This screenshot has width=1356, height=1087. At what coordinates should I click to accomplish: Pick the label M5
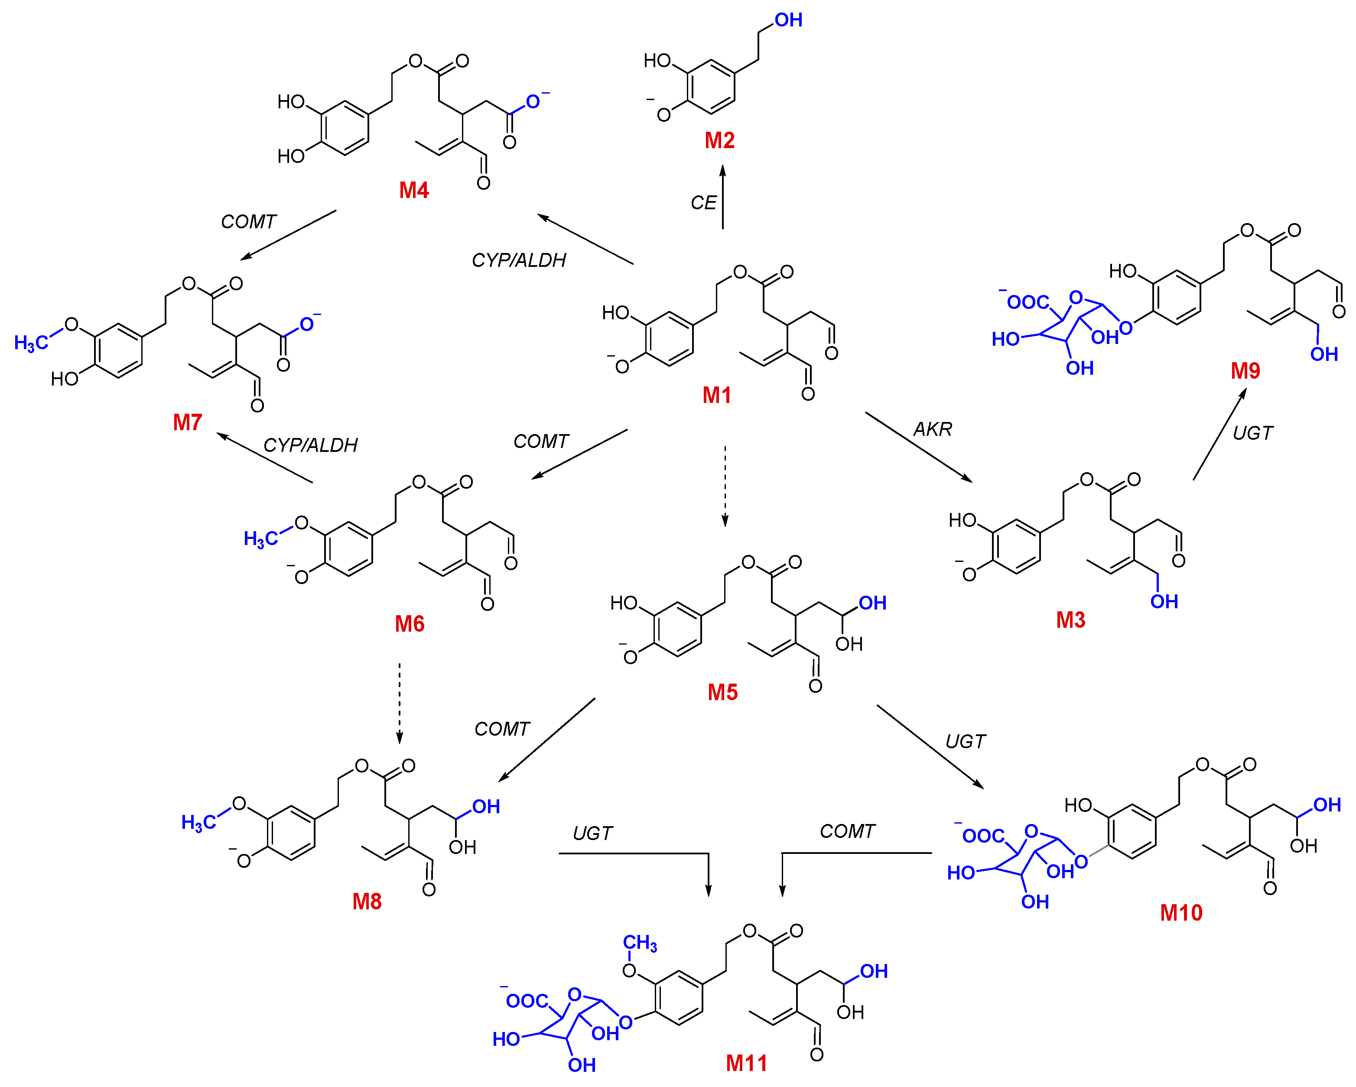[722, 692]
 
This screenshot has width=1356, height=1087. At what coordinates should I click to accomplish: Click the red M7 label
[187, 422]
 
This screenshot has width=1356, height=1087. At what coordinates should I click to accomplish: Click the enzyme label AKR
[933, 429]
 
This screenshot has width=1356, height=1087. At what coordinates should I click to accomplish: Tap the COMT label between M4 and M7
[248, 221]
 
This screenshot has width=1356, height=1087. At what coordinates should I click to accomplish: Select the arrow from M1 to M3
[918, 447]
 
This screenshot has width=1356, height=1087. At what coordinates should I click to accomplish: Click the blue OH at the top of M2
[788, 20]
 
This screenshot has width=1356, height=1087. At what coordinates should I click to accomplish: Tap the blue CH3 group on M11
[640, 943]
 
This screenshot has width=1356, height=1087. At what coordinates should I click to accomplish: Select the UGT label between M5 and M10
[966, 741]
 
